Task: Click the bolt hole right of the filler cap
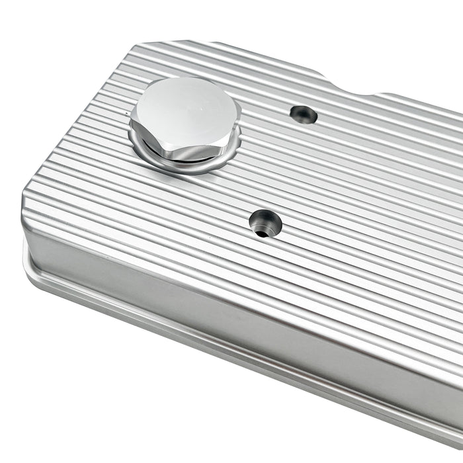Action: click(304, 114)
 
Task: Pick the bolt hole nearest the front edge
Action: click(265, 224)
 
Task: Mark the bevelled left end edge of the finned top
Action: click(79, 119)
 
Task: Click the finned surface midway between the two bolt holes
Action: click(284, 169)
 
